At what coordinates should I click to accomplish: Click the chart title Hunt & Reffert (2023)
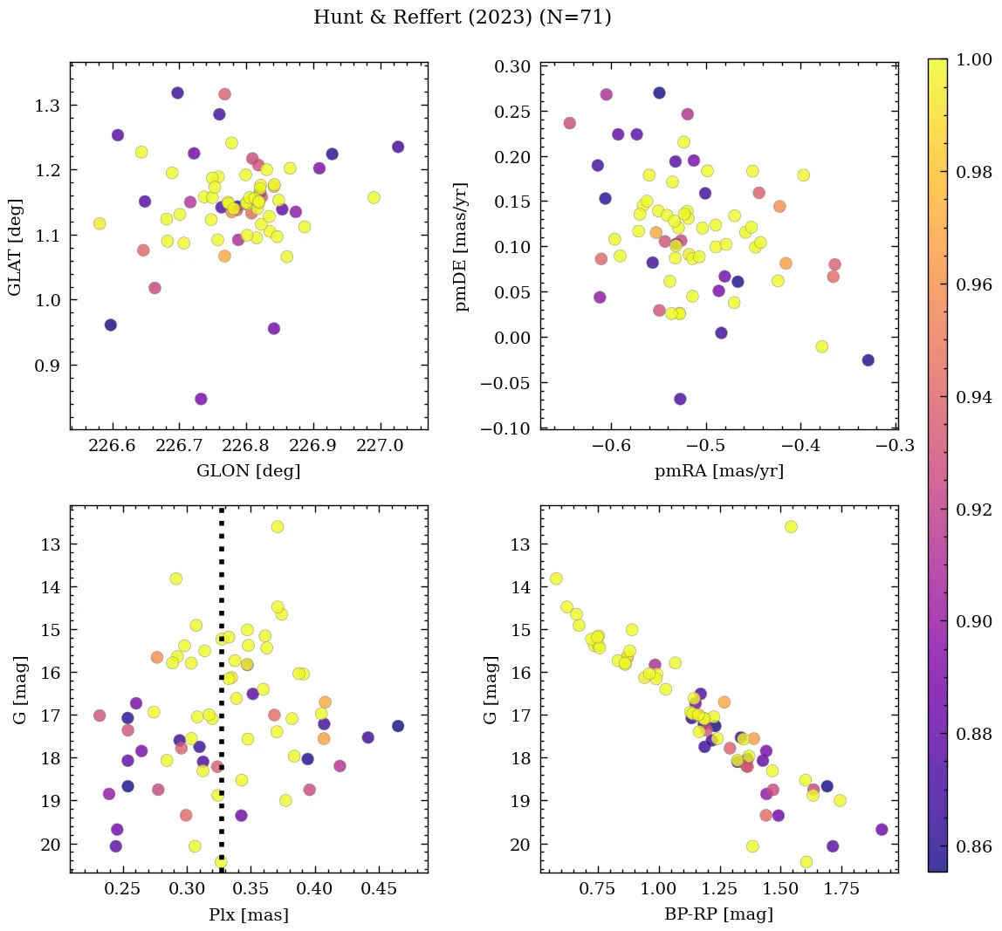(x=462, y=17)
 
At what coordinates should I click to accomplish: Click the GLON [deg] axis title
(x=249, y=471)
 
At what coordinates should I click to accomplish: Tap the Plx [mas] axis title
(x=249, y=915)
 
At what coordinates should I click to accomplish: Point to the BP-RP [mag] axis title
(x=718, y=915)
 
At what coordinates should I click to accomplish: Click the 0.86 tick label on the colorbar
(x=973, y=846)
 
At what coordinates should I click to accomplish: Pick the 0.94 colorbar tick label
(x=973, y=397)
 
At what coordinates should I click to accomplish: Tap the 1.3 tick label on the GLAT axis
(x=47, y=106)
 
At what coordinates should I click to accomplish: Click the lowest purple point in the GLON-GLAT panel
(x=201, y=399)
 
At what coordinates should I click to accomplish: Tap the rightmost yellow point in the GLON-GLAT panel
(x=374, y=197)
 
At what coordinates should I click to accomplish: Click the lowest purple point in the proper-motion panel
(x=680, y=399)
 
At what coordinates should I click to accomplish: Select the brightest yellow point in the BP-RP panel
(x=791, y=526)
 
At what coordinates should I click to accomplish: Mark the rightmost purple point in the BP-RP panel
(x=882, y=830)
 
